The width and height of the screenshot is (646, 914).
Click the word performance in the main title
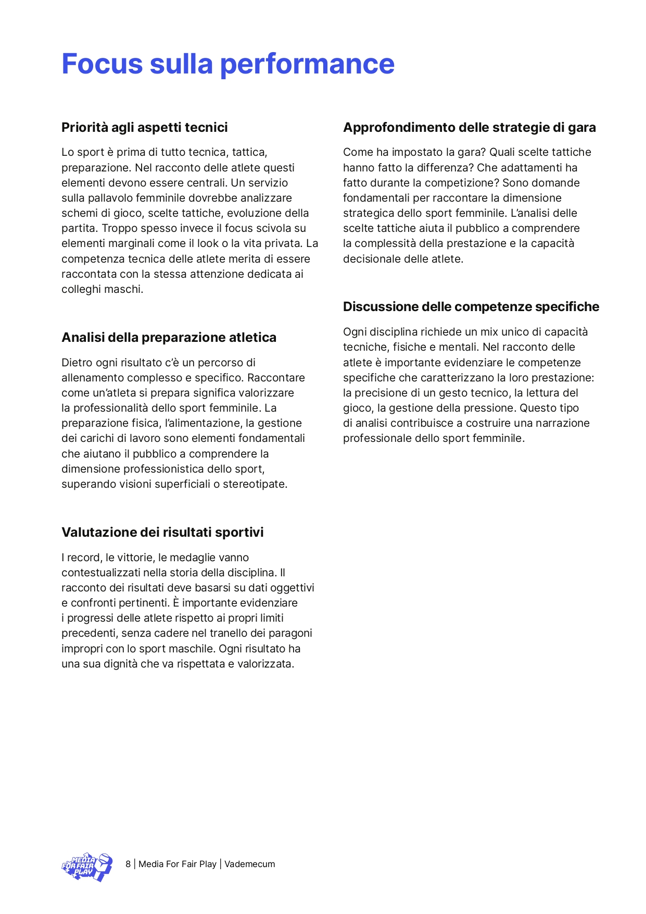click(307, 64)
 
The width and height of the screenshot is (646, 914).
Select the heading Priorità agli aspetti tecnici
click(145, 128)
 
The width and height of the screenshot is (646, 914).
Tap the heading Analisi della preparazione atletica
click(169, 338)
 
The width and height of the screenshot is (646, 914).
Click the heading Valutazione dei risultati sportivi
click(162, 533)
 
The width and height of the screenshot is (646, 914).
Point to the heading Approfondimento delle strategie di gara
click(469, 128)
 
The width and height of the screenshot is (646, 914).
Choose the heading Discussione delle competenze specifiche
click(471, 307)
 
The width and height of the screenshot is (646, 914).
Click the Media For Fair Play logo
click(87, 867)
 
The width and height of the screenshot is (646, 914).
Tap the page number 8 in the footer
click(128, 864)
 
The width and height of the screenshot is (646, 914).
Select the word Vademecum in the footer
click(250, 864)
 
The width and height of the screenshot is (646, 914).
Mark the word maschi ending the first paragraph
click(124, 289)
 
